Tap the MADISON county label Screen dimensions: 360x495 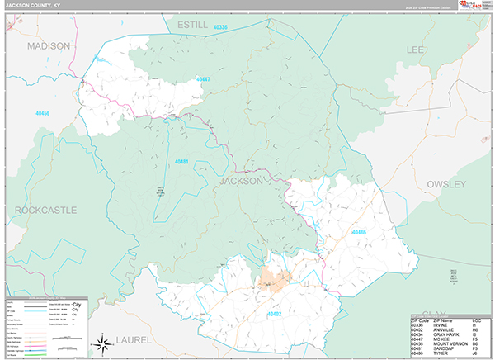48,46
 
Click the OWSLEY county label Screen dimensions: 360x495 446,183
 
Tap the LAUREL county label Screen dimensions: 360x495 134,339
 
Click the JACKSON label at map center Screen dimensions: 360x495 242,180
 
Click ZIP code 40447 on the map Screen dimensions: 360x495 203,79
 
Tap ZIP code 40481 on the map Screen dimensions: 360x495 181,162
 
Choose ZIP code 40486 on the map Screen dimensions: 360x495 358,233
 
